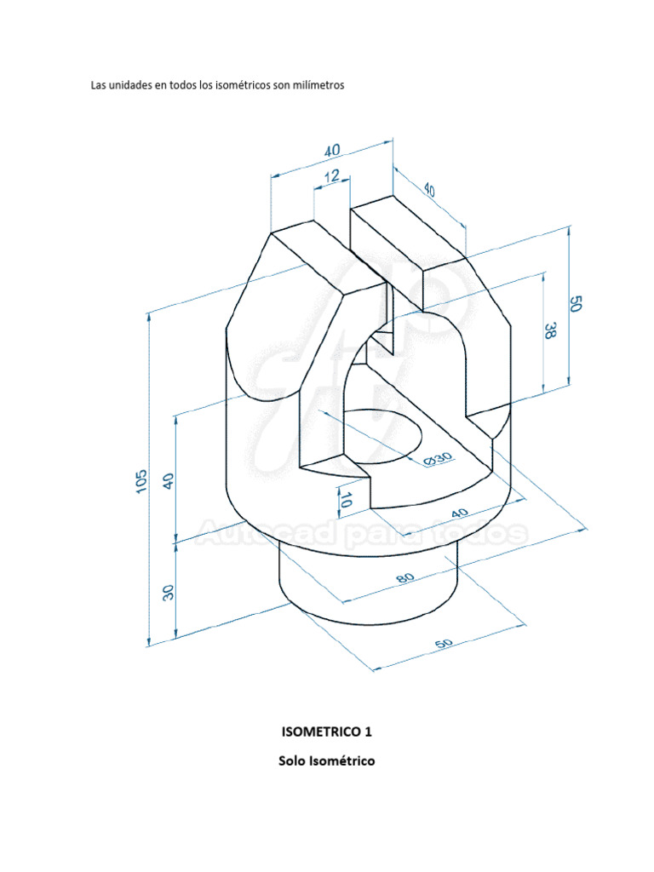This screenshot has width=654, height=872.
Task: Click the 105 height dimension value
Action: click(x=141, y=481)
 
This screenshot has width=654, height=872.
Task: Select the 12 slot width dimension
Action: click(x=331, y=176)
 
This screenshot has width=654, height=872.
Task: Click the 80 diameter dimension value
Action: click(x=405, y=578)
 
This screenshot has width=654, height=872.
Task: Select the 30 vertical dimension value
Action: click(x=169, y=592)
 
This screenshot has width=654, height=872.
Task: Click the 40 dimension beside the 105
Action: click(x=169, y=480)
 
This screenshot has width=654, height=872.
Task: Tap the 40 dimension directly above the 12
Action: click(x=332, y=150)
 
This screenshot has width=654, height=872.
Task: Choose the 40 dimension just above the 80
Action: click(x=460, y=513)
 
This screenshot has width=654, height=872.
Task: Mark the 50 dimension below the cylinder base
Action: click(x=443, y=645)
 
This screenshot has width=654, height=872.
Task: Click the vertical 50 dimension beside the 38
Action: click(x=576, y=305)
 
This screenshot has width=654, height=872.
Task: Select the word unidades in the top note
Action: click(x=128, y=86)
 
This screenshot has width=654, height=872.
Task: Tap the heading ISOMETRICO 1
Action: click(x=327, y=731)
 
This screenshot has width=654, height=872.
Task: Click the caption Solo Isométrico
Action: click(x=327, y=760)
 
